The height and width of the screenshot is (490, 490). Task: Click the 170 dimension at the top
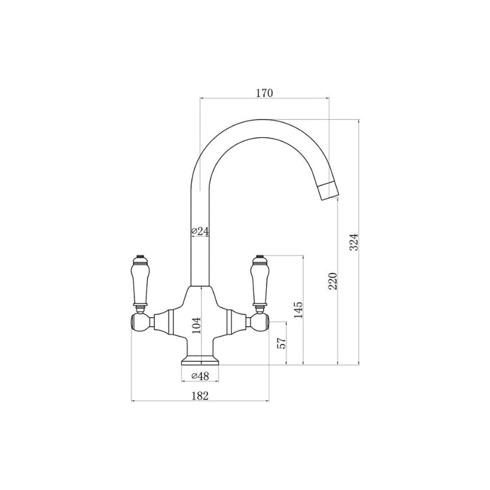pos(264,92)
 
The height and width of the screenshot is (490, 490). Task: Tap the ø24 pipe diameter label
pos(200,231)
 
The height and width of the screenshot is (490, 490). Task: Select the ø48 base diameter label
pos(200,376)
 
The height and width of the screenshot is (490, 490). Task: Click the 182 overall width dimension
pos(200,395)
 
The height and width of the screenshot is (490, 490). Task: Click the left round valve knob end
pos(138,323)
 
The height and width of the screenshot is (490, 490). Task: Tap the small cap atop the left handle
pos(139,256)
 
